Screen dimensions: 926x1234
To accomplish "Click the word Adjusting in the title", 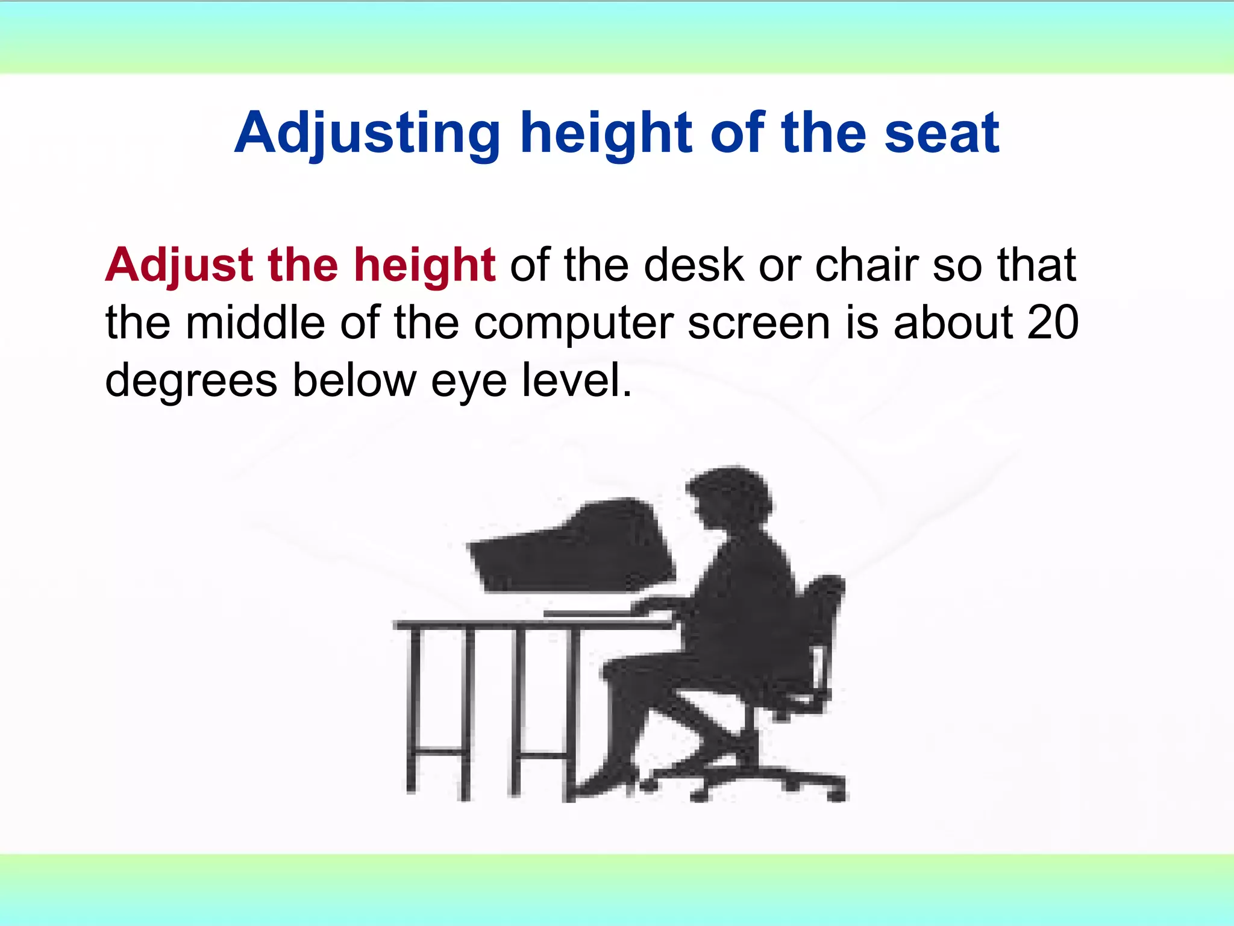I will coord(367,134).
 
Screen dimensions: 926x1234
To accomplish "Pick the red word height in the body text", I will coord(424,265).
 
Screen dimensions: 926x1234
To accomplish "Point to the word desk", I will coord(694,265).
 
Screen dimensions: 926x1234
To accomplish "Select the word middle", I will coord(256,323).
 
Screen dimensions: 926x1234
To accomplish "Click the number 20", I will coord(1052,323).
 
